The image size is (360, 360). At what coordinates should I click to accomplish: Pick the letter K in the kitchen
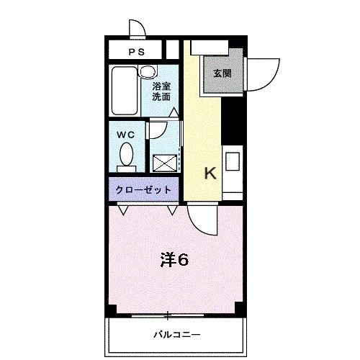(x=210, y=173)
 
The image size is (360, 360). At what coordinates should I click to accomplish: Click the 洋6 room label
(x=174, y=260)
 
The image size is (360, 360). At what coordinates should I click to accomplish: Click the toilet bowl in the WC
(x=126, y=155)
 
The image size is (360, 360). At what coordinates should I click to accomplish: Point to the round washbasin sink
(x=148, y=71)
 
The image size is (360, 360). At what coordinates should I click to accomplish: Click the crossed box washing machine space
(x=164, y=163)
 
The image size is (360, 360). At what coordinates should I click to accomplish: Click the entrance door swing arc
(x=263, y=71)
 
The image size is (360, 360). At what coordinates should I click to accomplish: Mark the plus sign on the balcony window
(x=168, y=314)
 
